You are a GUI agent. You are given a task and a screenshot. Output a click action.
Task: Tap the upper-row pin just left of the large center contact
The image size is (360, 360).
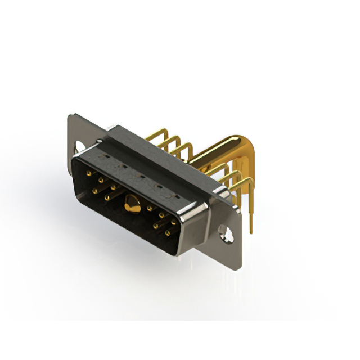click(x=113, y=186)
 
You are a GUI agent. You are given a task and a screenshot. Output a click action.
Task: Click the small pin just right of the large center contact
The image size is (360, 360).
click(x=150, y=209)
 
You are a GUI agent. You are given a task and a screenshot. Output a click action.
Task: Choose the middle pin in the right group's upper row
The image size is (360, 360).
click(x=162, y=214)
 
